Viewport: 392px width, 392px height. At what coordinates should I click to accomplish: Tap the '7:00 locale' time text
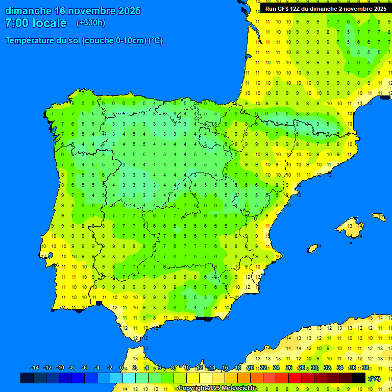[36, 23]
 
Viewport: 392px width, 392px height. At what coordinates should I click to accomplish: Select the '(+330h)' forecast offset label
[90, 23]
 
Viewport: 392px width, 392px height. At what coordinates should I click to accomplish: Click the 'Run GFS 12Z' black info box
[326, 9]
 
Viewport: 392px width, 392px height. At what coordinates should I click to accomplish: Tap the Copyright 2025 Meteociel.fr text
[217, 388]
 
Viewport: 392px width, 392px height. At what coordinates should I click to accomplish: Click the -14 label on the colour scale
[35, 368]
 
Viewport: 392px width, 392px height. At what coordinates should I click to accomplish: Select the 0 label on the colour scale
[121, 368]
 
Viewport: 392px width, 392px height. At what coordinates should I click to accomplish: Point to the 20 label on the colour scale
[250, 368]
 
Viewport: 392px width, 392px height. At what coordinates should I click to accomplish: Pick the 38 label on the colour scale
[365, 368]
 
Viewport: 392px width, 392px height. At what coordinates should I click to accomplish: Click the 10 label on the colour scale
[186, 368]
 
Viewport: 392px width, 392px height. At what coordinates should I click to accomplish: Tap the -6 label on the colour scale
[84, 368]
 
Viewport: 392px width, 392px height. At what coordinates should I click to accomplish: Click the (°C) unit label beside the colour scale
[374, 379]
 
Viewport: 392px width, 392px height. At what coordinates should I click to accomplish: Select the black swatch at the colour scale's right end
[359, 378]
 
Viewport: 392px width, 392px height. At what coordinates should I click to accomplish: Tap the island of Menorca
[378, 216]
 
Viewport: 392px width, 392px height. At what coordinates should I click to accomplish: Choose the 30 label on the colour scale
[314, 368]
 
